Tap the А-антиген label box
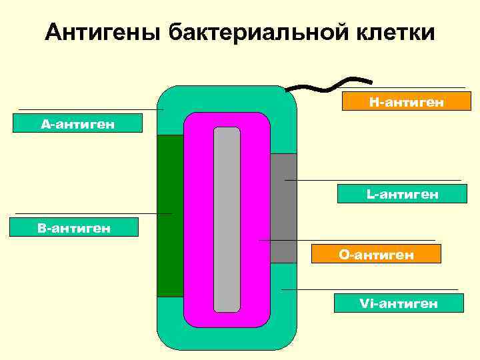pos(77,123)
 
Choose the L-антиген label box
pos(400,194)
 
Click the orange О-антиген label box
pos(377,254)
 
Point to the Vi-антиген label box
pos(399,303)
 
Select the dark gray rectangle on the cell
pos(283,208)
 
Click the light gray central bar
pos(227,219)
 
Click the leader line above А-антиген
pos(91,109)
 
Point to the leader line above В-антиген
pos(93,214)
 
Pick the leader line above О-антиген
pos(347,240)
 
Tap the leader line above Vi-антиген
pos(370,290)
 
